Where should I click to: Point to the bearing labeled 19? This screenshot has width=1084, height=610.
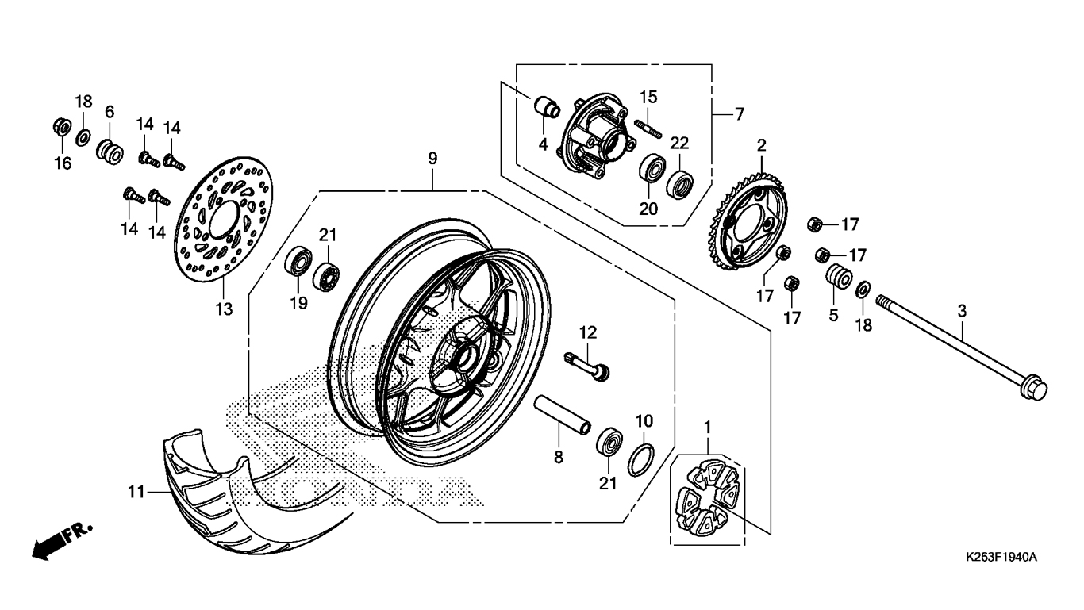click(298, 261)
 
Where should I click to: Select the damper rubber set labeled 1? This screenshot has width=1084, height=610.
click(706, 499)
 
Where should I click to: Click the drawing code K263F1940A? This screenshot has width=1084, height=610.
click(1001, 557)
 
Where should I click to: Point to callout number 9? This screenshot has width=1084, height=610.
click(432, 159)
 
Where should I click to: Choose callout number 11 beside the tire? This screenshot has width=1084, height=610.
click(136, 492)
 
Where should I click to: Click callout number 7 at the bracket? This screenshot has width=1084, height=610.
click(738, 114)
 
